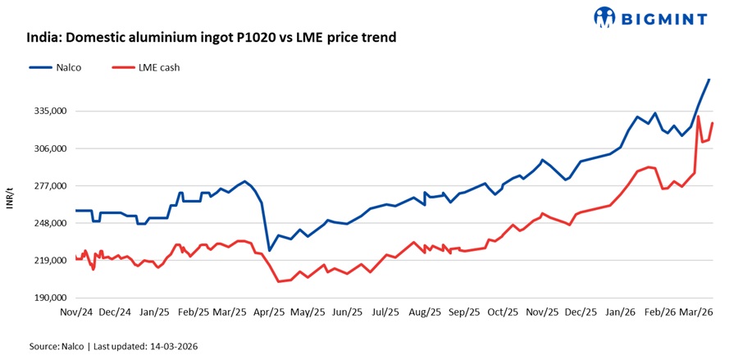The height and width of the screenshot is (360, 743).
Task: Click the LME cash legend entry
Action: click(156, 67)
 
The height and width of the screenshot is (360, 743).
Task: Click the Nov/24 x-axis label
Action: click(76, 312)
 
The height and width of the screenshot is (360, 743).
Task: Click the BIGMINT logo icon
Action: click(605, 16)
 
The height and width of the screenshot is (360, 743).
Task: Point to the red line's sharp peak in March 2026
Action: click(698, 116)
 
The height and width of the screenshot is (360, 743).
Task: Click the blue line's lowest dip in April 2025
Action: click(269, 250)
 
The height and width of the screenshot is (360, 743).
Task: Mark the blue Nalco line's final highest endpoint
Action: click(709, 79)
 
